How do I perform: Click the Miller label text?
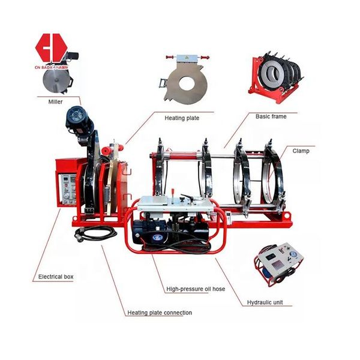click(55, 102)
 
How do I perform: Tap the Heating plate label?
click(183, 118)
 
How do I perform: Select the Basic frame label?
click(271, 116)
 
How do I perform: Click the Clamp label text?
click(301, 151)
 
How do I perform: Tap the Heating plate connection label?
click(160, 313)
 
